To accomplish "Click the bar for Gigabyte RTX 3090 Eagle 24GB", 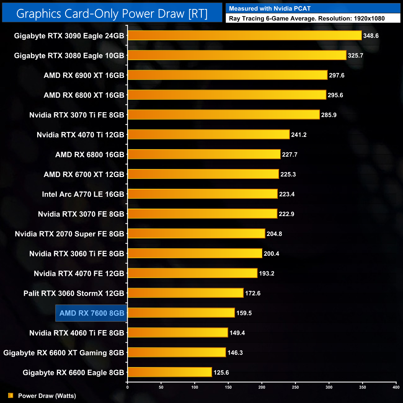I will coord(245,36).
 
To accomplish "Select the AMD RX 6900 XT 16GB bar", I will coord(228,75).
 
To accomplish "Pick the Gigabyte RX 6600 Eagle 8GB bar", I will coord(170,372).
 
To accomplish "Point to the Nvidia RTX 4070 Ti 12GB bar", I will coord(209,135).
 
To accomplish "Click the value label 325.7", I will coord(355,55).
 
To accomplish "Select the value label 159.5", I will coord(244,313).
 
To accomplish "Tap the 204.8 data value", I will coord(274,234).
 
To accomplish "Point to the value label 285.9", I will coord(329,115).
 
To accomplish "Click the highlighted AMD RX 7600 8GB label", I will coord(91,313).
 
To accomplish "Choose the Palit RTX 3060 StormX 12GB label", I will coord(74,293).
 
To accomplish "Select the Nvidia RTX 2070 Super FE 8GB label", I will coord(69,234).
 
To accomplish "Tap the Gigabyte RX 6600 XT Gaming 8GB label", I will coord(64,353).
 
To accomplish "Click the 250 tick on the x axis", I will coord(295,387).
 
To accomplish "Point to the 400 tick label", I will coord(396,387).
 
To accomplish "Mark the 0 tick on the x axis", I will coord(127,387).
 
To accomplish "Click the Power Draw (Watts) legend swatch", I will coord(11,396).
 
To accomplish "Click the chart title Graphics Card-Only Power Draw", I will coord(112,14).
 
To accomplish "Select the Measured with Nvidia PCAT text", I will coord(270,9).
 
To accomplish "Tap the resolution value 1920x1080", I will coord(369,19).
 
